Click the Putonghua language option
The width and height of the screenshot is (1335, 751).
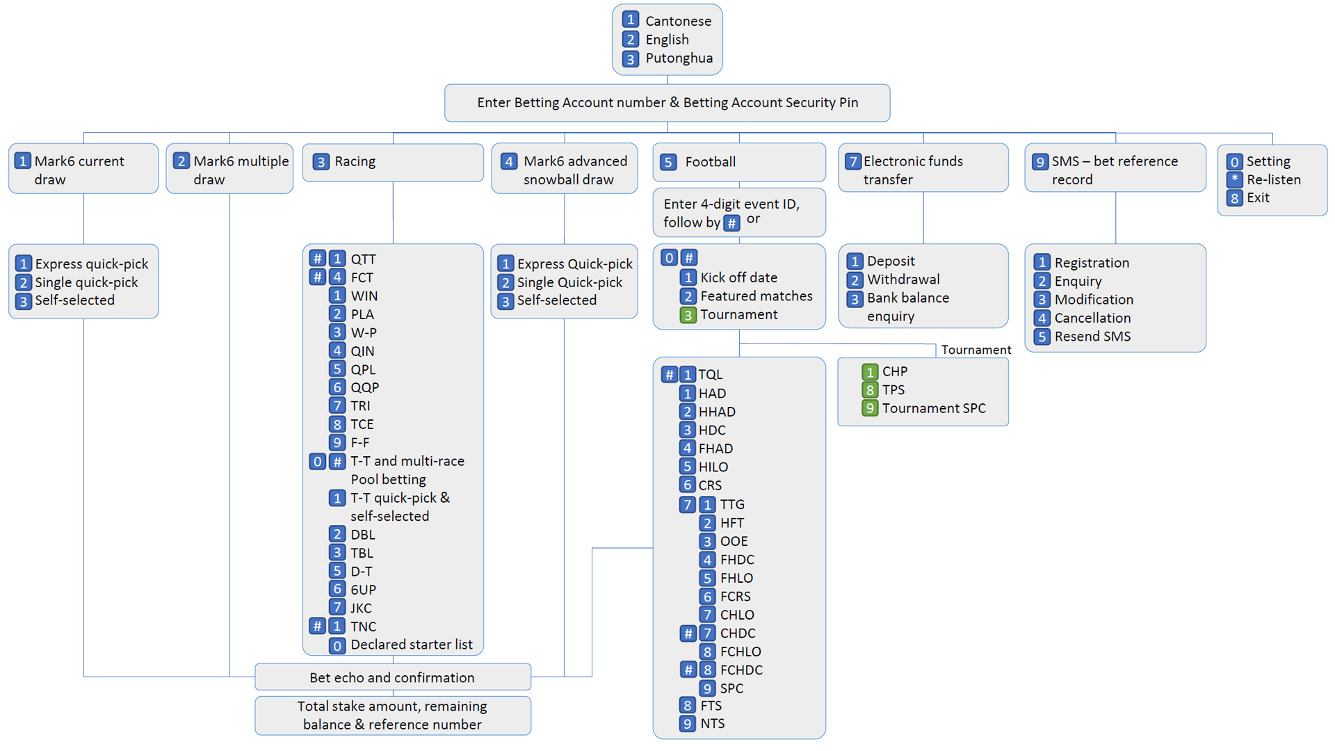point(678,58)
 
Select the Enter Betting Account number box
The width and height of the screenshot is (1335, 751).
point(667,103)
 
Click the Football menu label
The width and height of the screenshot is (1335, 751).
point(710,162)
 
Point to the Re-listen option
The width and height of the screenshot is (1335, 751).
point(1273,179)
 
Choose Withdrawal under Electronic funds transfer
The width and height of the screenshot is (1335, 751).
point(903,280)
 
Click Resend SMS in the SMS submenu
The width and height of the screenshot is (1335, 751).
point(1092,337)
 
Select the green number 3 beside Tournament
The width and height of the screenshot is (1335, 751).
point(688,315)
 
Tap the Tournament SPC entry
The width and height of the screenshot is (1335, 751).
point(933,408)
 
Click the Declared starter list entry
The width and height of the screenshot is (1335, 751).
point(411,645)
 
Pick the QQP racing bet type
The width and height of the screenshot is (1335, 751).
point(364,387)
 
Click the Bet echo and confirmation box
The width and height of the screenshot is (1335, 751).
point(392,677)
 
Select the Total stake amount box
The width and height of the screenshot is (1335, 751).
point(392,715)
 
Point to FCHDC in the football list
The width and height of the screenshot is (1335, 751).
point(741,670)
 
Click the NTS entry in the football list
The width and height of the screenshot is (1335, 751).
point(712,724)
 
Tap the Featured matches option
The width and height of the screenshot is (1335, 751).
point(756,296)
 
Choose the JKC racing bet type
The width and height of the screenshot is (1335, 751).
point(361,608)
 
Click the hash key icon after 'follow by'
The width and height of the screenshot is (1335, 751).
point(731,223)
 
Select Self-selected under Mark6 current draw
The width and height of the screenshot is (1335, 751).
point(74,300)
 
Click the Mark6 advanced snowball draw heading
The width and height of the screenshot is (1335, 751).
point(574,170)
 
